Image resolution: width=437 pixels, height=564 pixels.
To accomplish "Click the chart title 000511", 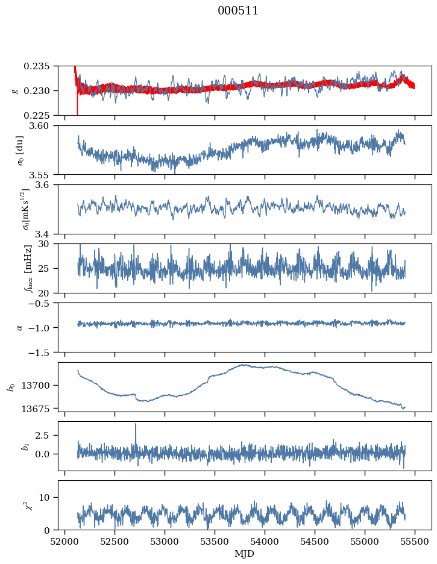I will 238,11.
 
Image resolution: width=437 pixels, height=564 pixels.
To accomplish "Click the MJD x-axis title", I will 244,553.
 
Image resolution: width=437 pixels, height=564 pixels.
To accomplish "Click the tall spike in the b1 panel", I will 136,425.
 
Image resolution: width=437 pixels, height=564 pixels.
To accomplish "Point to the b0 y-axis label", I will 11,387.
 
